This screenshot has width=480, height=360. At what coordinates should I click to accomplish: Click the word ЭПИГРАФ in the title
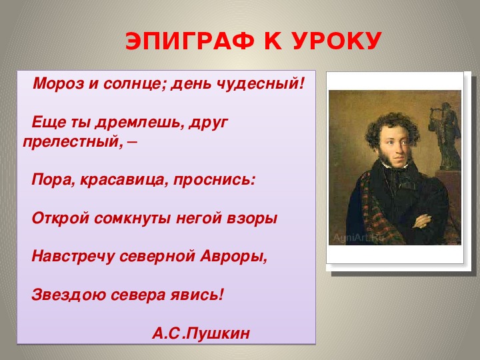pyautogui.click(x=190, y=41)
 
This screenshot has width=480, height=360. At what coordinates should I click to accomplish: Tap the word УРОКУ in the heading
pyautogui.click(x=337, y=41)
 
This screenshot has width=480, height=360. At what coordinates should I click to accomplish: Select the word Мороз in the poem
pyautogui.click(x=58, y=83)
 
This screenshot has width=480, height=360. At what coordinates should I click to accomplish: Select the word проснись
pyautogui.click(x=212, y=180)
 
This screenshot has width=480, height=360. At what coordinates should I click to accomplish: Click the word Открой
pyautogui.click(x=60, y=218)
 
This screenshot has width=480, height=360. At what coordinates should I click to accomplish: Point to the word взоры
pyautogui.click(x=252, y=218)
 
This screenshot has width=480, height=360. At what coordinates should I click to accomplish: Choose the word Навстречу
pyautogui.click(x=73, y=257)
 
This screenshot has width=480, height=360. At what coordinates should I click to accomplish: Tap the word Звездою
pyautogui.click(x=68, y=295)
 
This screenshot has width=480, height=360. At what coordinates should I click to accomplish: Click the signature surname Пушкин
pyautogui.click(x=217, y=333)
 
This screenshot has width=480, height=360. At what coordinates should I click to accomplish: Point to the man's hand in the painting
pyautogui.click(x=423, y=221)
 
